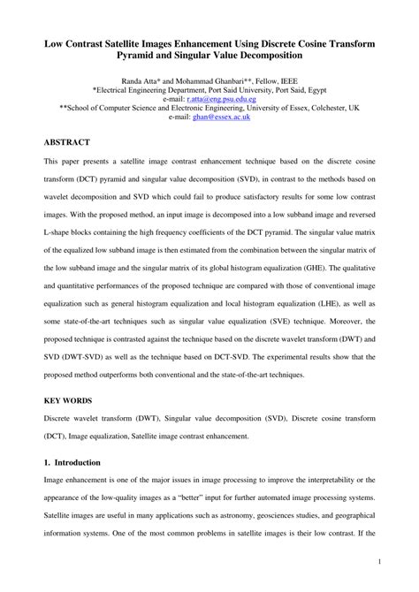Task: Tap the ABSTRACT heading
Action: pyautogui.click(x=69, y=141)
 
